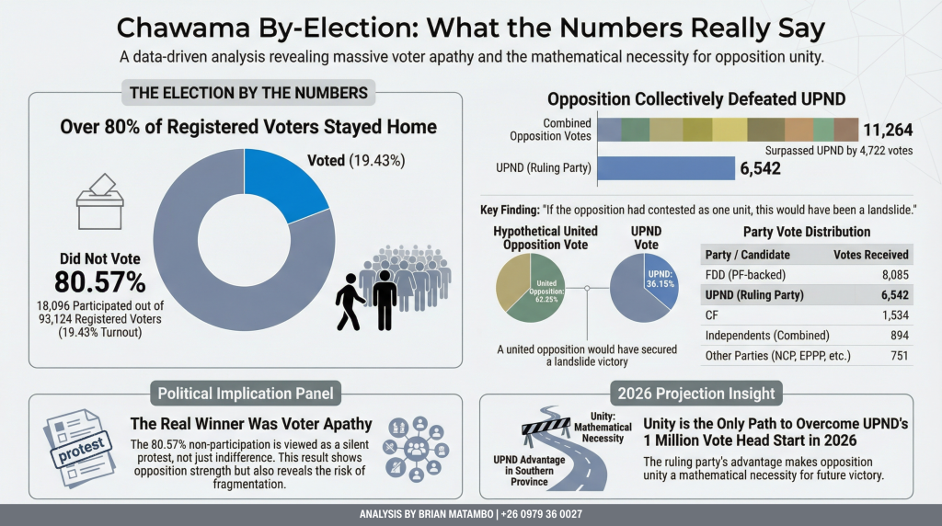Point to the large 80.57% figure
(x=99, y=281)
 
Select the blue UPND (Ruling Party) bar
(x=665, y=168)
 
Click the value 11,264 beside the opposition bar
(x=887, y=131)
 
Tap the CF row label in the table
(x=713, y=314)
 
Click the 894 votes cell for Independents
(x=897, y=335)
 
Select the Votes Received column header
(x=870, y=254)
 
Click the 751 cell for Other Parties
(x=897, y=355)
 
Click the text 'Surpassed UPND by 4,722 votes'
(x=839, y=150)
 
